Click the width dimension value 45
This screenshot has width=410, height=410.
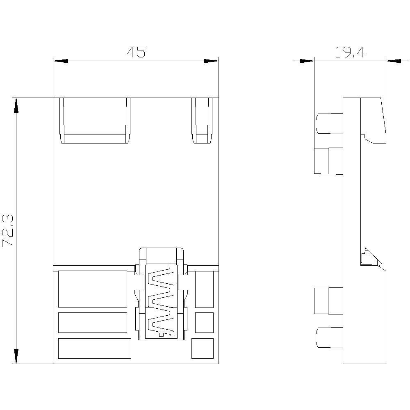point(136,52)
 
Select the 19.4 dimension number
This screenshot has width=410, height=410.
point(350,52)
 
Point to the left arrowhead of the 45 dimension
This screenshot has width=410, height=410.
point(61,61)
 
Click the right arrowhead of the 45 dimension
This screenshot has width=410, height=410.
point(211,61)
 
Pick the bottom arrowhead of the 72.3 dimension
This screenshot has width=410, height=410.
point(16,356)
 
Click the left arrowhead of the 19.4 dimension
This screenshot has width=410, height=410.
point(307,61)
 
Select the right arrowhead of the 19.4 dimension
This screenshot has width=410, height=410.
point(394,61)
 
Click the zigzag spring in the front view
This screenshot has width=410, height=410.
point(161,302)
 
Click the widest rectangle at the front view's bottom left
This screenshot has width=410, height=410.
point(95,348)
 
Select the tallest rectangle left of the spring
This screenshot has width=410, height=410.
point(93,289)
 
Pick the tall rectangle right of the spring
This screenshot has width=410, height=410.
point(204,289)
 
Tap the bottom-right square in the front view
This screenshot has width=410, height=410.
point(203,348)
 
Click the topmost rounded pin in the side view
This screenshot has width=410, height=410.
point(329,123)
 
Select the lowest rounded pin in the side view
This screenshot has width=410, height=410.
point(329,337)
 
